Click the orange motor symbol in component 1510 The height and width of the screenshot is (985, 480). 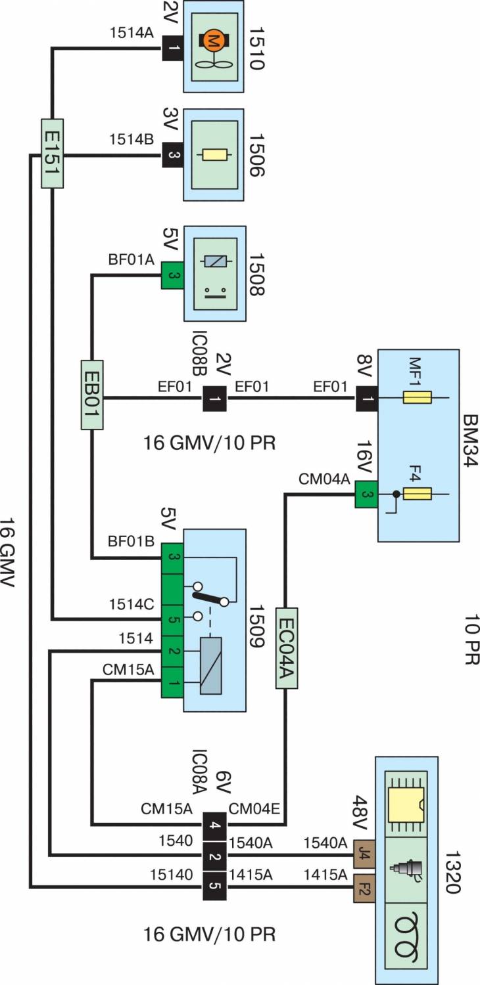coord(213,41)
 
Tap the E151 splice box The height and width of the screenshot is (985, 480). coord(52,153)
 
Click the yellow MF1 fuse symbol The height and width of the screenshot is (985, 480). coord(418,397)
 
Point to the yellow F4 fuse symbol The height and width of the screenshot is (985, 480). coord(418,494)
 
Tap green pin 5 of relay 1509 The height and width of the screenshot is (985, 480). coord(172,619)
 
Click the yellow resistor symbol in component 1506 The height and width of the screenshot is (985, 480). coord(213,155)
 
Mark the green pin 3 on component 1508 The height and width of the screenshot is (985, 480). coord(172,276)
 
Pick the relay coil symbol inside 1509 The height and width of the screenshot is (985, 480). coord(212,665)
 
